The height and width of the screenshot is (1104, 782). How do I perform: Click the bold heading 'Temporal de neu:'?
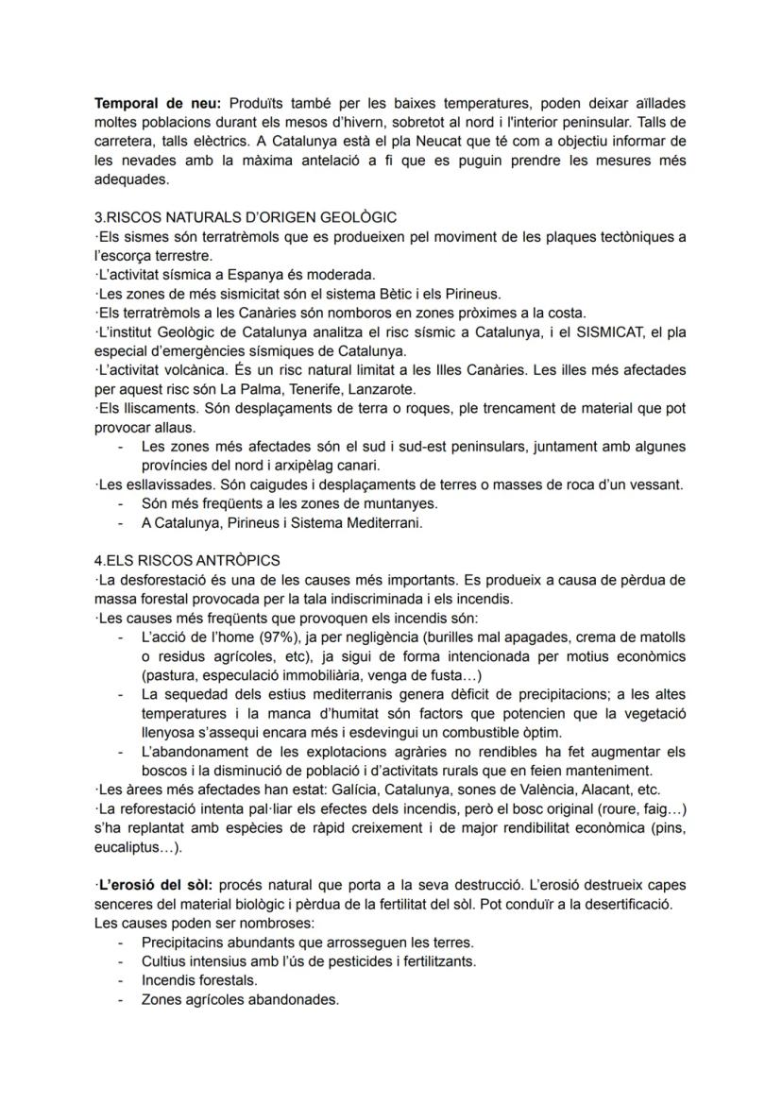click(154, 102)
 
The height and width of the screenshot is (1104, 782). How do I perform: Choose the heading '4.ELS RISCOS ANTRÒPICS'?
click(187, 560)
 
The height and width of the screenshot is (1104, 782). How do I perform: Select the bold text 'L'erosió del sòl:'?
click(156, 885)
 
